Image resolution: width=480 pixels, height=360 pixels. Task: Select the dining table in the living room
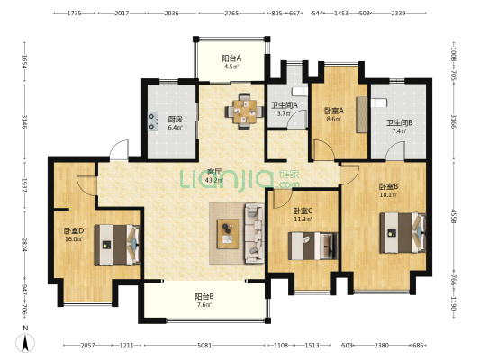coord(245,112)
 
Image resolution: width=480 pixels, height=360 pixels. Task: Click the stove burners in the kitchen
coord(153,121)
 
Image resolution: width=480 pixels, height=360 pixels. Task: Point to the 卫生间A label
coord(285,105)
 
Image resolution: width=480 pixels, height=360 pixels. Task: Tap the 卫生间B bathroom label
coord(399,123)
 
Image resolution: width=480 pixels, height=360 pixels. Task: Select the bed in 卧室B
coord(403,233)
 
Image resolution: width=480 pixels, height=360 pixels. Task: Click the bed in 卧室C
coord(312,246)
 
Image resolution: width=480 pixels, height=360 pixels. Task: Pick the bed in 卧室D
coord(117,245)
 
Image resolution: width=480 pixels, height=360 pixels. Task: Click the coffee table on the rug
coord(228,234)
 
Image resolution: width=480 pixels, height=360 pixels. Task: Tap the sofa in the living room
coord(254,233)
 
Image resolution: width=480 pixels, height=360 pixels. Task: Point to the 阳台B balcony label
coord(204,296)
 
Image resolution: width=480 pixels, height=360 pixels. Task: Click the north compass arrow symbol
coord(25,343)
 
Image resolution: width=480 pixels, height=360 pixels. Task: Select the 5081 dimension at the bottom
coord(204,346)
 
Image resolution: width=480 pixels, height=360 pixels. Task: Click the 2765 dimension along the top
coord(231,13)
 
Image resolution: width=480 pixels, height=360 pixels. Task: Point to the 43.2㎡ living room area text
coord(213,180)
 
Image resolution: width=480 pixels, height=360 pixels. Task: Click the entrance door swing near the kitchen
coord(120,150)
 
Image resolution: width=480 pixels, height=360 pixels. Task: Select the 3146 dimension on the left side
coord(25,121)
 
